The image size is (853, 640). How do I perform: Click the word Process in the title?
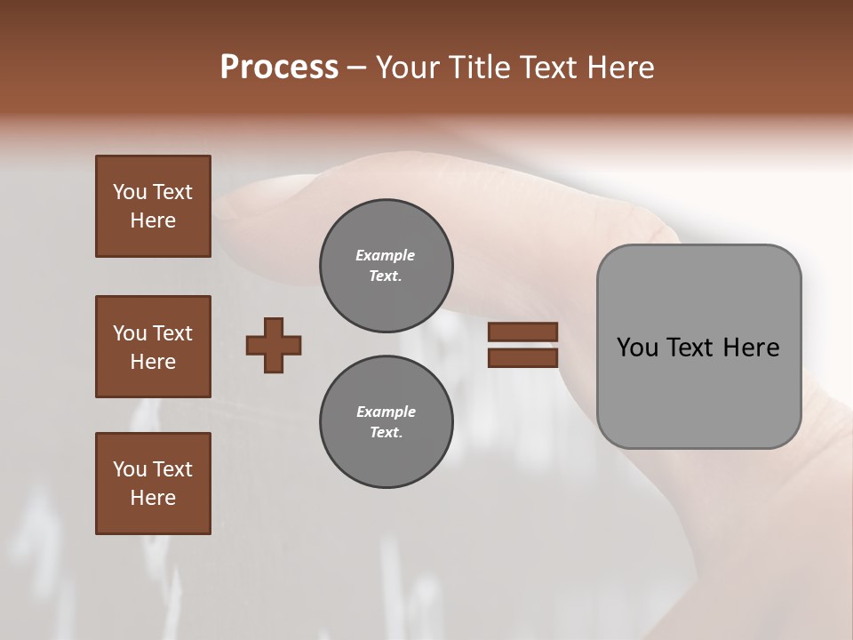point(279,68)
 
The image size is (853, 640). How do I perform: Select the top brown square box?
point(153,206)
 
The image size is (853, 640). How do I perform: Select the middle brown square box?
point(153,347)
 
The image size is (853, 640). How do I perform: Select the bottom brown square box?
point(153,484)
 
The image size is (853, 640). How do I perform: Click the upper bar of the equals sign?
point(522,332)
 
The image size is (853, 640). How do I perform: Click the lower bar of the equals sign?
point(522,357)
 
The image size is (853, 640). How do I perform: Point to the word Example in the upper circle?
point(386,255)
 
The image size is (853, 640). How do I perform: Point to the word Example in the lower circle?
point(386,412)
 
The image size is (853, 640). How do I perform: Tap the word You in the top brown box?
point(130,192)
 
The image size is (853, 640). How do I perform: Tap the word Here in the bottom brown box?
point(153,498)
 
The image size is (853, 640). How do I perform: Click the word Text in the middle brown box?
point(171,333)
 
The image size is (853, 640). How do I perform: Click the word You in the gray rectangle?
point(637,348)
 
